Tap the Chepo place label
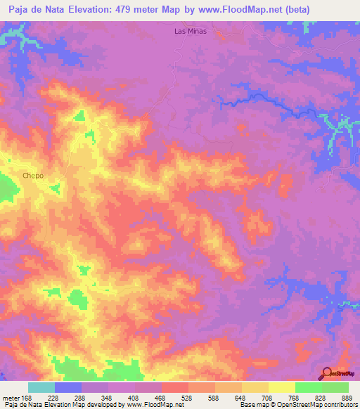[34, 176]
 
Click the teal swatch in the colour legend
[41, 387]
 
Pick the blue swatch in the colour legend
[68, 387]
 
